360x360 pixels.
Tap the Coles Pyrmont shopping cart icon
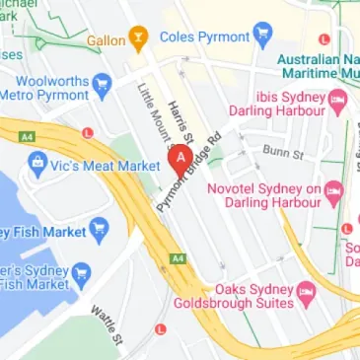(261, 38)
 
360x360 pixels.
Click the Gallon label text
(106, 40)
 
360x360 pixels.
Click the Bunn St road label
(282, 151)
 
